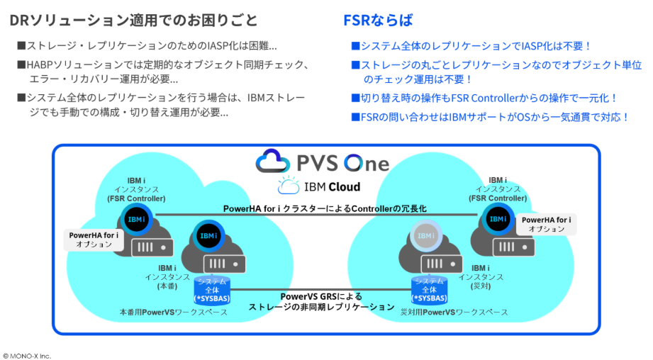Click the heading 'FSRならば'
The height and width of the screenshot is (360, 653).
(378, 20)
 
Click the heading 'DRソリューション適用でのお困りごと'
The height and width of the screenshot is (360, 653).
(134, 20)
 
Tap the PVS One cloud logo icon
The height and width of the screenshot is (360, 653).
(272, 161)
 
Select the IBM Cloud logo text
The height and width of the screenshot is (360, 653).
(332, 187)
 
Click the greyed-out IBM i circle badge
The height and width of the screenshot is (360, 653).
(425, 236)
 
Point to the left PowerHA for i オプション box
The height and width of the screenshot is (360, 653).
(94, 240)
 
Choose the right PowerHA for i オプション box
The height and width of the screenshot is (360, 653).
(547, 225)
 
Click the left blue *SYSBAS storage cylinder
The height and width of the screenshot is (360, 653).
(212, 290)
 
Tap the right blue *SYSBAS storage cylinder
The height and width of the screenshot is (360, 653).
(429, 290)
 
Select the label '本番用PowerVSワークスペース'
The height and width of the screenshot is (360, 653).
(173, 312)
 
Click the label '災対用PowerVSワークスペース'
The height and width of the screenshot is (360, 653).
(454, 312)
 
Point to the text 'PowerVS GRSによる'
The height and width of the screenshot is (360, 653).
(321, 296)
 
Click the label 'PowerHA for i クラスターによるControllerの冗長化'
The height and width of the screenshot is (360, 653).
(325, 208)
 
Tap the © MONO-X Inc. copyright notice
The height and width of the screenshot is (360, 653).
(27, 356)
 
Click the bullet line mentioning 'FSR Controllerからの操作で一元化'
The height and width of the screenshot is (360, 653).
(484, 98)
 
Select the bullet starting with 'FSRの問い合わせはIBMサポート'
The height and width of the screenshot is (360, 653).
(490, 117)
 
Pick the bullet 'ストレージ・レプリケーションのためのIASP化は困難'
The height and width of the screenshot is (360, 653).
(147, 45)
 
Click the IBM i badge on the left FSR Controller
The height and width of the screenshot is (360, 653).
(136, 219)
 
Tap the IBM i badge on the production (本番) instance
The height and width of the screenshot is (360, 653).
(208, 236)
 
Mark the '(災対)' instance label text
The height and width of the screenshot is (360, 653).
(481, 286)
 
